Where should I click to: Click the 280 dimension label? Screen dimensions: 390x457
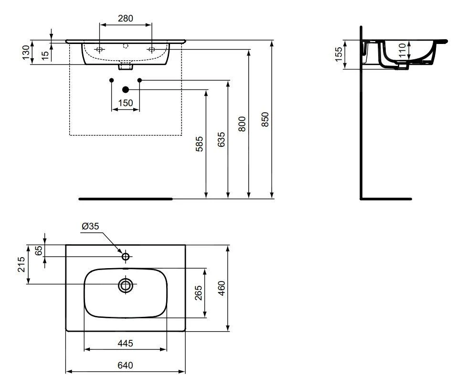point(125,19)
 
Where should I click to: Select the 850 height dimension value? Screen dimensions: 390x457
point(266,119)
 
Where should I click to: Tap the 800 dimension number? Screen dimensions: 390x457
point(242,123)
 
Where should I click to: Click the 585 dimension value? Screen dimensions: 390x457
point(199,144)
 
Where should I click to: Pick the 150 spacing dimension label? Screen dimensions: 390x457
point(126,103)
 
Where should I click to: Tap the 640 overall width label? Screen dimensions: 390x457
point(125,365)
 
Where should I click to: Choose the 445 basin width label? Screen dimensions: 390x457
point(125,343)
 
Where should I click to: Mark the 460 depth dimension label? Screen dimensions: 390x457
point(222,288)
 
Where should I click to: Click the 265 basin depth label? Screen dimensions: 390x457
point(199,293)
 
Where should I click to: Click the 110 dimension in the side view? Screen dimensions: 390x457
point(402,50)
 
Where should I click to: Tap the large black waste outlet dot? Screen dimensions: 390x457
point(126,89)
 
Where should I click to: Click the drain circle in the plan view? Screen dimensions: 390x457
point(126,285)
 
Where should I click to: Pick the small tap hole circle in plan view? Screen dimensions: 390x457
point(126,257)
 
